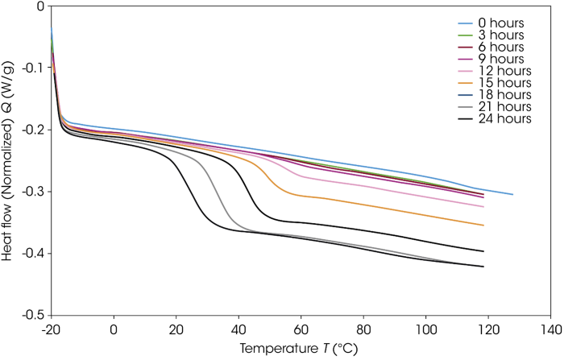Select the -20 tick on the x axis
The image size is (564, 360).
pyautogui.click(x=51, y=330)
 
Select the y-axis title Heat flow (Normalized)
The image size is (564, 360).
pyautogui.click(x=10, y=161)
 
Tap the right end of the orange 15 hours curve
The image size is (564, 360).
pyautogui.click(x=483, y=225)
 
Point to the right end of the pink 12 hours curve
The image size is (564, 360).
pyautogui.click(x=483, y=207)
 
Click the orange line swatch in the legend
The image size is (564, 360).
pyautogui.click(x=470, y=83)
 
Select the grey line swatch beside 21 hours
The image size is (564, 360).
pyautogui.click(x=470, y=106)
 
